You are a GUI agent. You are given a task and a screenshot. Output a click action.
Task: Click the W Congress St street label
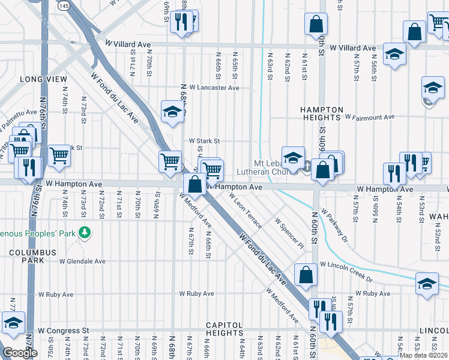pos(63,330)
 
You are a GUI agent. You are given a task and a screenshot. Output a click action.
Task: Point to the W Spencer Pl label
pos(289,233)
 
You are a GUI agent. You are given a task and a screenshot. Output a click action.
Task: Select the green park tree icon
pos(85,232)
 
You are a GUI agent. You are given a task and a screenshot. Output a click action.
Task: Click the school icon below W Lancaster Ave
pos(172,111)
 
